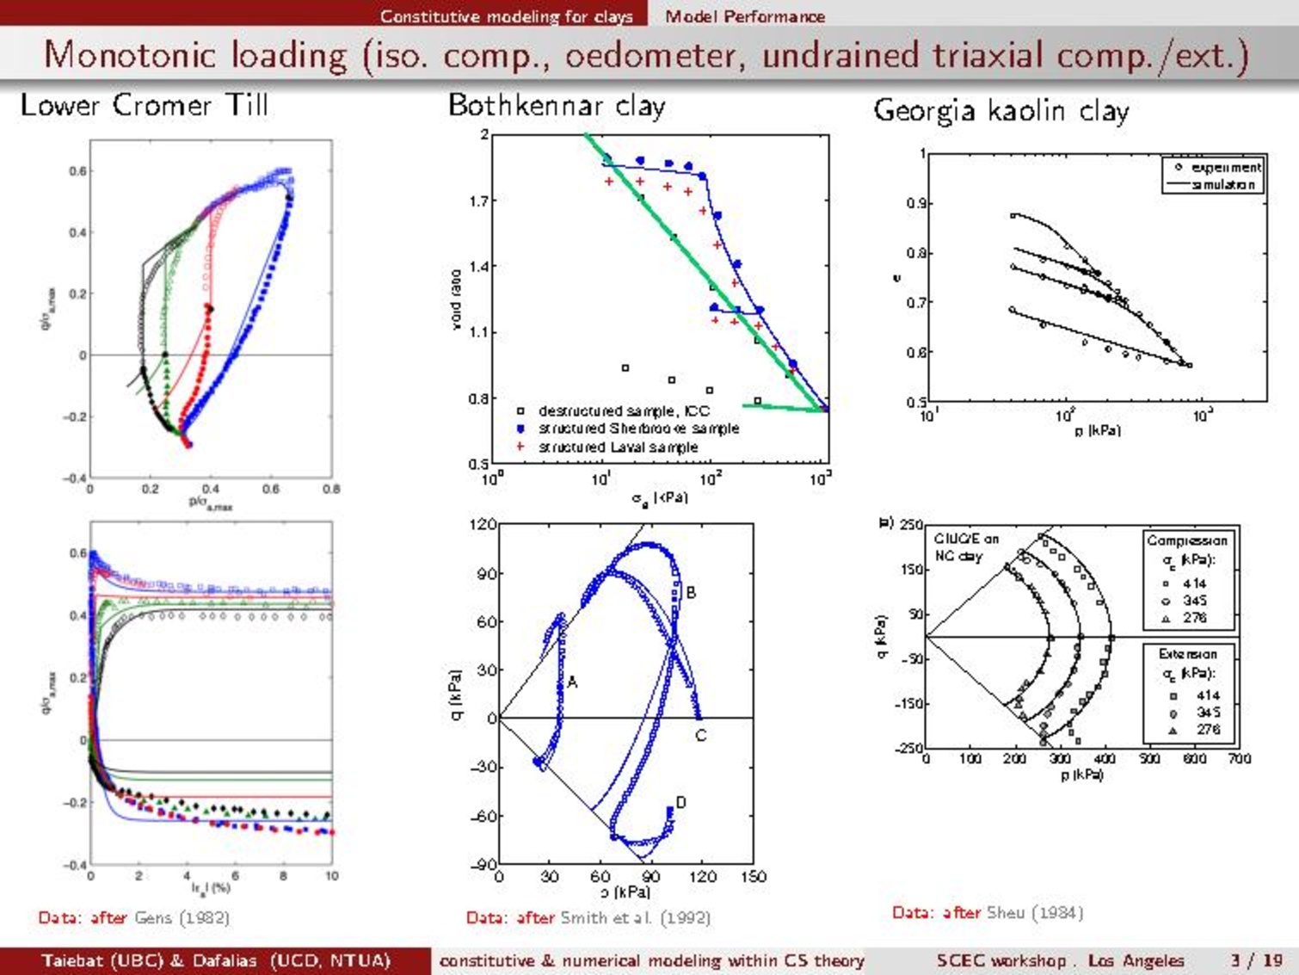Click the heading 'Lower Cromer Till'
(145, 106)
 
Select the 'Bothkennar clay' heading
(557, 106)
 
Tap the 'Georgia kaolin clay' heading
(1000, 111)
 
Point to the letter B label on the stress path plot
(691, 593)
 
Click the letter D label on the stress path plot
(681, 803)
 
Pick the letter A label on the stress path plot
(572, 682)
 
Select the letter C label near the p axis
(700, 736)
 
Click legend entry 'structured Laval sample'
(618, 447)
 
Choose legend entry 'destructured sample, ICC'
(624, 411)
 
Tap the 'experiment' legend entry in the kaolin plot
(1225, 167)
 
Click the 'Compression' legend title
(1187, 540)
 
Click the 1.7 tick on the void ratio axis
(478, 201)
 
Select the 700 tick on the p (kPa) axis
(1239, 759)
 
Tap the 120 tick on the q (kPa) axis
(483, 524)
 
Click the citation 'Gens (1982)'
(182, 917)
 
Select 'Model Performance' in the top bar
(744, 16)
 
